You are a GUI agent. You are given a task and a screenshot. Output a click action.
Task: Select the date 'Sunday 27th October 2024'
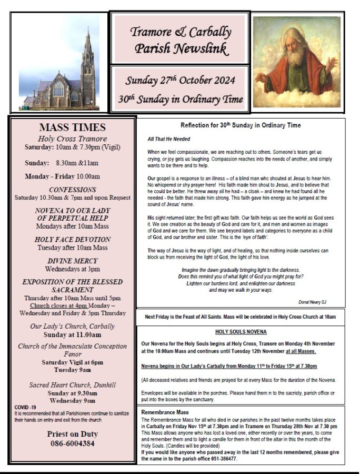tap(180, 81)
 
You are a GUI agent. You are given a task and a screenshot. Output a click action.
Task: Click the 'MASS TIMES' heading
tap(73, 127)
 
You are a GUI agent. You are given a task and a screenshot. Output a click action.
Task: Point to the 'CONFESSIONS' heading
tap(73, 189)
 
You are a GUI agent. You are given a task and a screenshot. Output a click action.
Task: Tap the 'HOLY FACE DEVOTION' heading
tap(73, 239)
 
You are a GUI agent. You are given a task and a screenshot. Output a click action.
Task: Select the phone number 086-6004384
tap(73, 443)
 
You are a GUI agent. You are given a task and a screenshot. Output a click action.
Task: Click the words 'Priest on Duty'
tap(73, 433)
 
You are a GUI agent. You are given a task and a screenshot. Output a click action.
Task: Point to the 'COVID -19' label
tap(26, 408)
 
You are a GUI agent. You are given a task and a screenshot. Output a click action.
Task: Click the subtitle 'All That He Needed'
tap(169, 139)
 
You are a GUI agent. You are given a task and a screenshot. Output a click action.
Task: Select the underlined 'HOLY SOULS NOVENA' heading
tap(241, 332)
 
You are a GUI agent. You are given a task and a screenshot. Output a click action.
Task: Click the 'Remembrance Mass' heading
tap(164, 412)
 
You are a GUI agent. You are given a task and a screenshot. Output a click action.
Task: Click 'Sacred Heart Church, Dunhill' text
tap(73, 385)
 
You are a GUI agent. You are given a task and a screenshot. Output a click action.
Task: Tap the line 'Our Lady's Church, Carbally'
tap(73, 326)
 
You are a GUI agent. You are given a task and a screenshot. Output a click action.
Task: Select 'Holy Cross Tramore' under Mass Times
tap(73, 138)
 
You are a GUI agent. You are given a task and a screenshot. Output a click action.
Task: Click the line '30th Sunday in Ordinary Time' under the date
tap(181, 99)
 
